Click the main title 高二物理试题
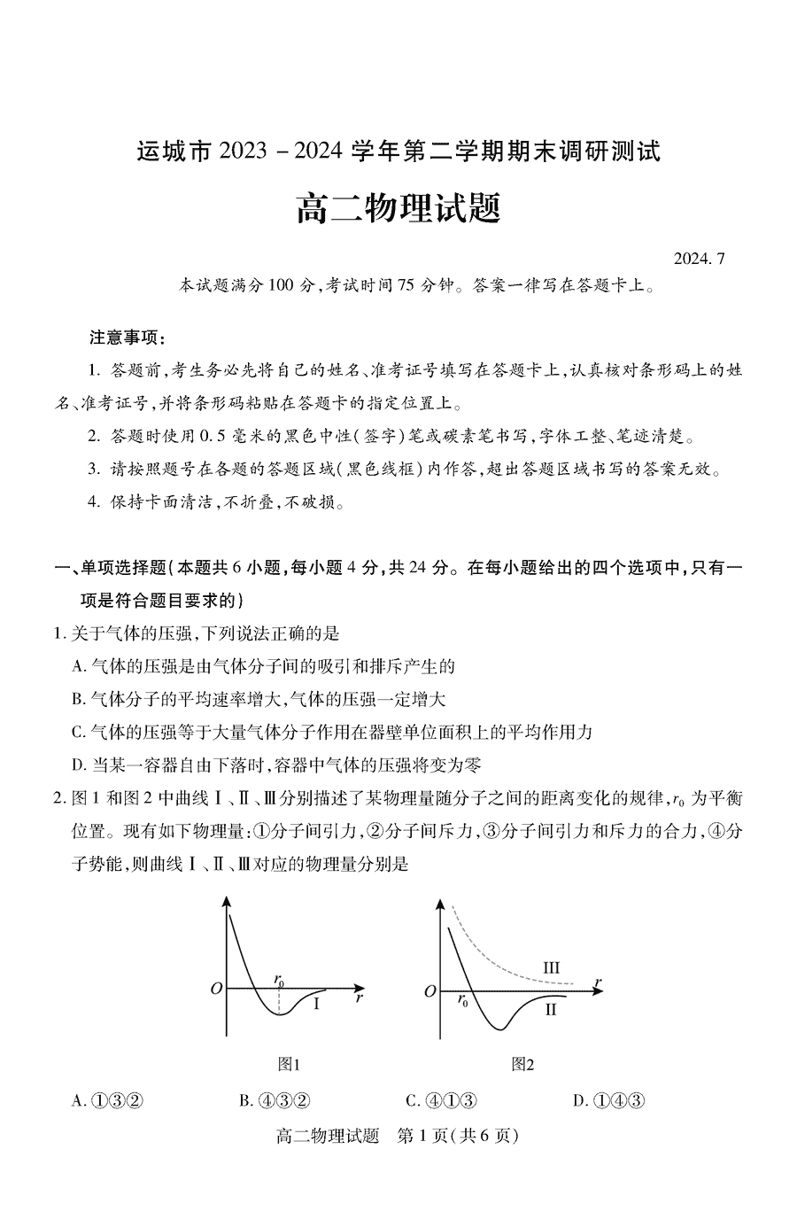coord(398,209)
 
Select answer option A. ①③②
coord(107,1101)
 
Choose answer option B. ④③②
coord(274,1101)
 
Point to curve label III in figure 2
coord(551,967)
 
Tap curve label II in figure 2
coord(551,1009)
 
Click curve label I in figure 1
coord(316,1004)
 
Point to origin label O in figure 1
coord(215,988)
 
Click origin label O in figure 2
coord(430,991)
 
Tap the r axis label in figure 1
coord(359,998)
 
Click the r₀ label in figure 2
coord(463,1001)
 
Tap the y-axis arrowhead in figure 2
coord(440,903)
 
